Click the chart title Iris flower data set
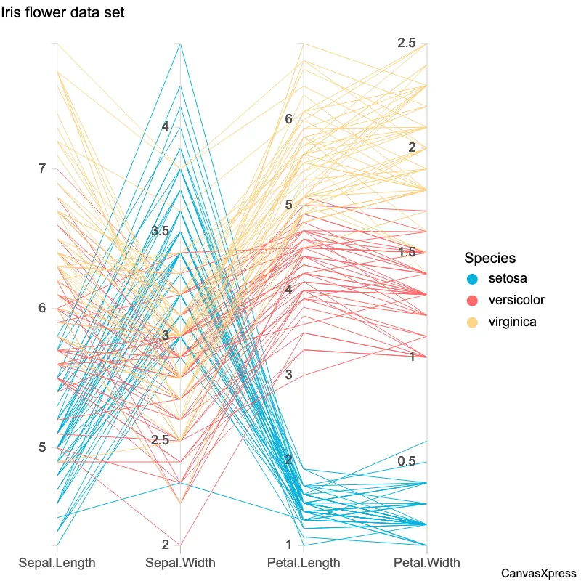coord(62,12)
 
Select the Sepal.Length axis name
coord(57,563)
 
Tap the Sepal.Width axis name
coord(180,563)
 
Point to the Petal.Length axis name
coord(304,563)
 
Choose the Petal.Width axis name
coord(427,563)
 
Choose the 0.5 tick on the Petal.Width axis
coord(406,462)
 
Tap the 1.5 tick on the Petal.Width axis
coord(406,252)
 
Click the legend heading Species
coord(490,258)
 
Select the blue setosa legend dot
coord(472,279)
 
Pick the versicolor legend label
coord(516,300)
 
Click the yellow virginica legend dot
coord(472,322)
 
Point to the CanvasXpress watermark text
coord(539,573)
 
